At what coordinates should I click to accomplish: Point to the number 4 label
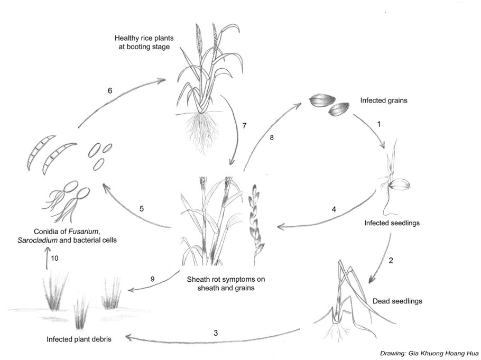point(334,209)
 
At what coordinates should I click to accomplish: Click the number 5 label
point(142,209)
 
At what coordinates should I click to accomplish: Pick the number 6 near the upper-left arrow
point(110,90)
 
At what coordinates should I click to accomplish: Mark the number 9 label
point(153,279)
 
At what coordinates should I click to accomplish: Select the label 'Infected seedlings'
point(392,223)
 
